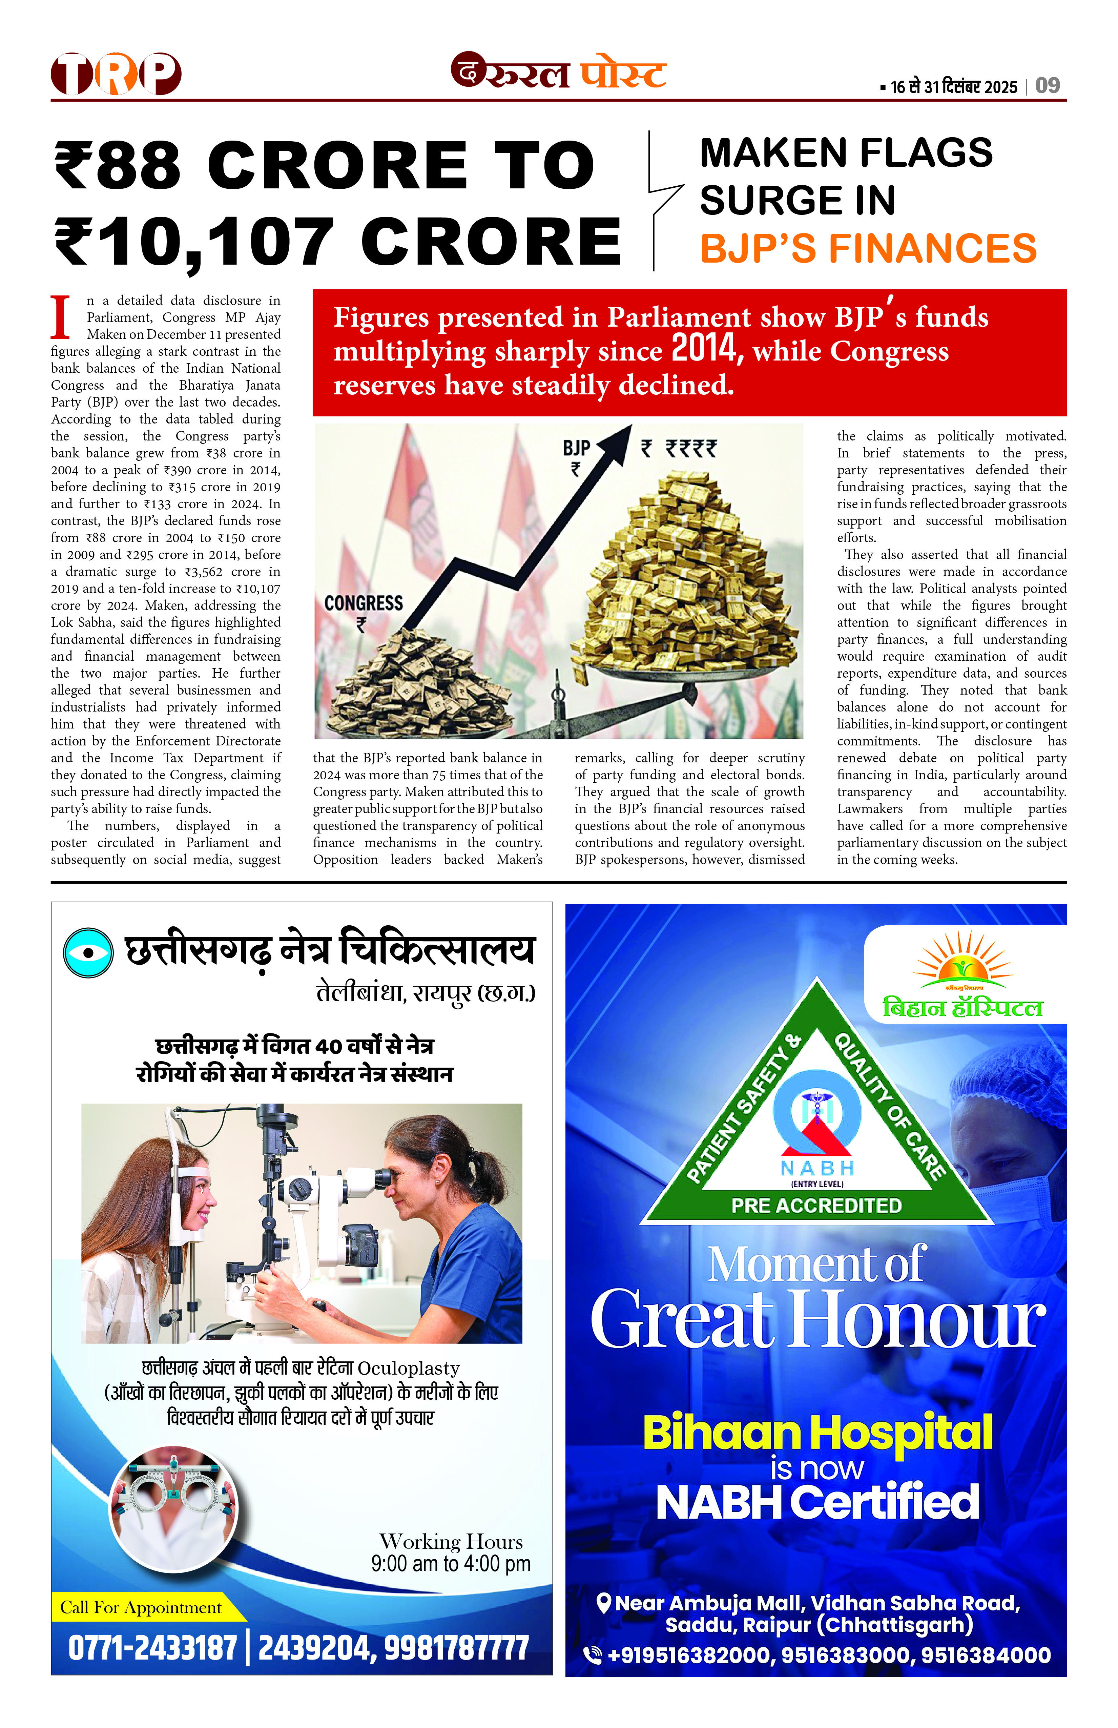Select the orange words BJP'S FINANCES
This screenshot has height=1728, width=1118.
point(868,248)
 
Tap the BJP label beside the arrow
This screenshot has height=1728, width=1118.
point(576,448)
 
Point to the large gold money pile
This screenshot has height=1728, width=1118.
point(682,574)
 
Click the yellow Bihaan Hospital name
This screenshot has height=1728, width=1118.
point(817,1433)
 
